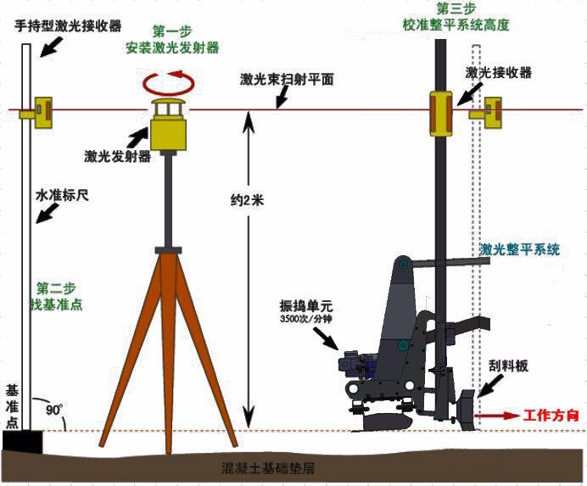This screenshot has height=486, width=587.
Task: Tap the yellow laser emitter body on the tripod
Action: (168, 135)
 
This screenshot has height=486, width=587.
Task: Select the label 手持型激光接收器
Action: (68, 26)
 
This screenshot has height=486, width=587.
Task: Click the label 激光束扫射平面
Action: (287, 80)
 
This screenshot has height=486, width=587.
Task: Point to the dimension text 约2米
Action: (247, 201)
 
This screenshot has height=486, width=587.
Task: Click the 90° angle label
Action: (54, 410)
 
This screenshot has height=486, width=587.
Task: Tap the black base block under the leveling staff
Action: (22, 442)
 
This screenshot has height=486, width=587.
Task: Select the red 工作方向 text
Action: (551, 416)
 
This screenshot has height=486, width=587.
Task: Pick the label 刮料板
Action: (508, 366)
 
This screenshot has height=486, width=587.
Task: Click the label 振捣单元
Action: (306, 306)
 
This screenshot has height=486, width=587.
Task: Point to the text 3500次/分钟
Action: (306, 320)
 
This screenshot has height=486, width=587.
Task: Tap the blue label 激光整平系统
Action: (520, 249)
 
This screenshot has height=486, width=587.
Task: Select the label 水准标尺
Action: (62, 195)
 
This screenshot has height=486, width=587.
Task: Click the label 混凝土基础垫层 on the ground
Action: (268, 468)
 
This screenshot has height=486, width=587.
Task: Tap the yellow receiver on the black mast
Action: (441, 114)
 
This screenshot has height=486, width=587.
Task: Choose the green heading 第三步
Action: (456, 9)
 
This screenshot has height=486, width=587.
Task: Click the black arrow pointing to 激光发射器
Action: (137, 137)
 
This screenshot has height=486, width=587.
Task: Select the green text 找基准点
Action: (56, 304)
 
